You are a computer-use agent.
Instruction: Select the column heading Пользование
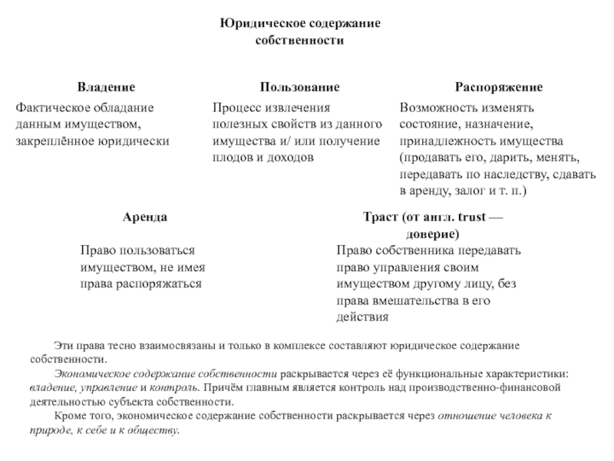(x=299, y=88)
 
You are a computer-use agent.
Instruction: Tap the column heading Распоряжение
(x=499, y=88)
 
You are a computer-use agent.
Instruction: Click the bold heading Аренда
(x=144, y=217)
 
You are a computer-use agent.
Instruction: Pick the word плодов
(x=232, y=157)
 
